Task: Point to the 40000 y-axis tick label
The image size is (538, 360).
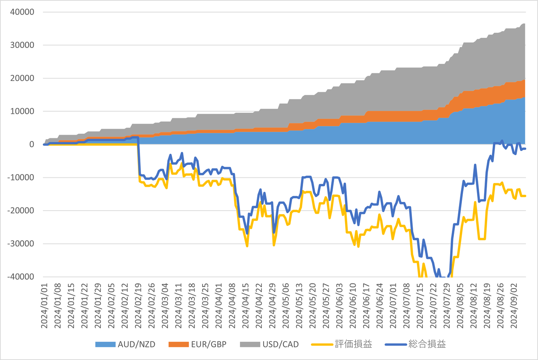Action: (x=22, y=12)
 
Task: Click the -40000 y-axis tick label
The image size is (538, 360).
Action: (x=21, y=277)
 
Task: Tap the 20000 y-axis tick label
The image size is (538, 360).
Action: (x=22, y=78)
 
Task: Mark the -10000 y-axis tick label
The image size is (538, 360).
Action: (x=21, y=177)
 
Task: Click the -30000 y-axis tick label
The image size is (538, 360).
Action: (x=21, y=244)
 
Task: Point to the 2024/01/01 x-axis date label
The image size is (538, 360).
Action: (x=44, y=305)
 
